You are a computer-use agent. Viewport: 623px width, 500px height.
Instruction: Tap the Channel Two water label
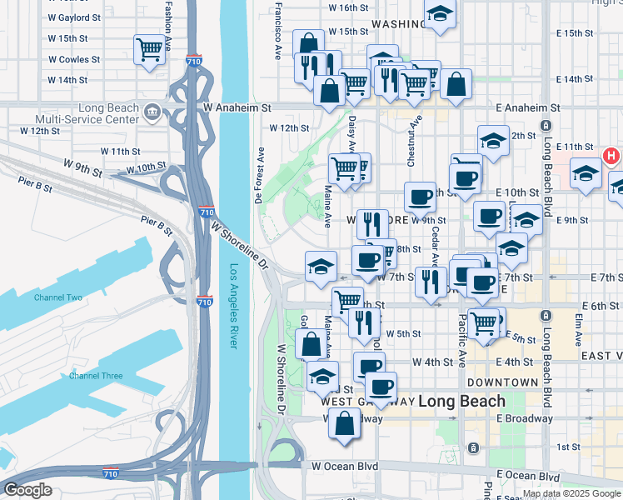[x=58, y=297]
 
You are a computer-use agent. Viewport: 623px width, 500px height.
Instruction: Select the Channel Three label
[x=95, y=376]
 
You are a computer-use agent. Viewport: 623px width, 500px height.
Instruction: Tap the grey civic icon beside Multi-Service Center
[x=152, y=111]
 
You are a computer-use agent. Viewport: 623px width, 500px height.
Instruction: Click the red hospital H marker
[x=611, y=156]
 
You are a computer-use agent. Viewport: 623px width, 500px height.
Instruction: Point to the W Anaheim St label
[x=237, y=108]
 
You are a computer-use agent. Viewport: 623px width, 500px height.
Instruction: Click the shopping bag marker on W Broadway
[x=345, y=422]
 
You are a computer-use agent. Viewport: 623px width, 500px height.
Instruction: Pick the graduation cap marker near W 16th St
[x=439, y=14]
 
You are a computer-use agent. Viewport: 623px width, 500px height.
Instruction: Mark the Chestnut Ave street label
[x=411, y=128]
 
